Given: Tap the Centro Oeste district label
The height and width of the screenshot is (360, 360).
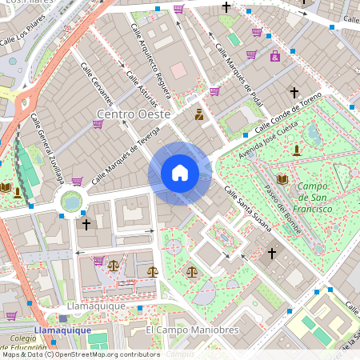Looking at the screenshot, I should point(134,114).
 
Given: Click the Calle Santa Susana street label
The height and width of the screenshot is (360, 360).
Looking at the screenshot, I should point(247,210).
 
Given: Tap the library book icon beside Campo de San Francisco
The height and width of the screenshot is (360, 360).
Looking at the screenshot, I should point(282,179).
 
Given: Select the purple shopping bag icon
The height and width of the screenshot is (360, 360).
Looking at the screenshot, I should point(274,57).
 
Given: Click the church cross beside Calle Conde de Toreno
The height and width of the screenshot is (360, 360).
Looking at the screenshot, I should point(294,93).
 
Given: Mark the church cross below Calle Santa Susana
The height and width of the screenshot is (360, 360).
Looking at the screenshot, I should point(271,254).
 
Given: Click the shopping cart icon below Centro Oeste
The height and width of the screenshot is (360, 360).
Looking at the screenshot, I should point(98,124).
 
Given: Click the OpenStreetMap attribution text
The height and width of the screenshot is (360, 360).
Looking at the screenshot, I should point(80,354).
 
